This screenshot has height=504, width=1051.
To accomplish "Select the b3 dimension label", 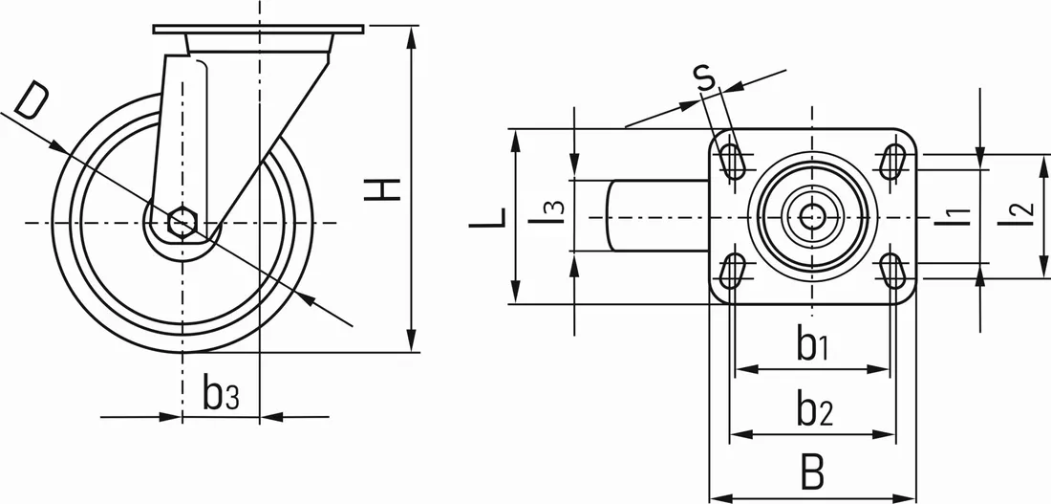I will click(221, 393).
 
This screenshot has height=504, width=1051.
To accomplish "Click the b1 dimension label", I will click(812, 345).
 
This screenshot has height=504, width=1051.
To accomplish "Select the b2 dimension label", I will click(814, 411).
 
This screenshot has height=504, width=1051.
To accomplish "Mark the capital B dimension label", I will click(812, 472).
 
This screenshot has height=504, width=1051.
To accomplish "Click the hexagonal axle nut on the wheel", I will click(182, 223).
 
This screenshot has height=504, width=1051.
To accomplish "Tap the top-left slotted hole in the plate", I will click(733, 160).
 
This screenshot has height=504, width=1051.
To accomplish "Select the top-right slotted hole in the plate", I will click(893, 160).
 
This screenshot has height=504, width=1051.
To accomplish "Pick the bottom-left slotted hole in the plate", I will click(733, 271).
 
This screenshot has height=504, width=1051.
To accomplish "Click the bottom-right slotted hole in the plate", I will click(893, 271).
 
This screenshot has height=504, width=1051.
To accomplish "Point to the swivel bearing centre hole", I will click(813, 216).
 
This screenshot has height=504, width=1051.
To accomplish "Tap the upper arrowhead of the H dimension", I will click(412, 35).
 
